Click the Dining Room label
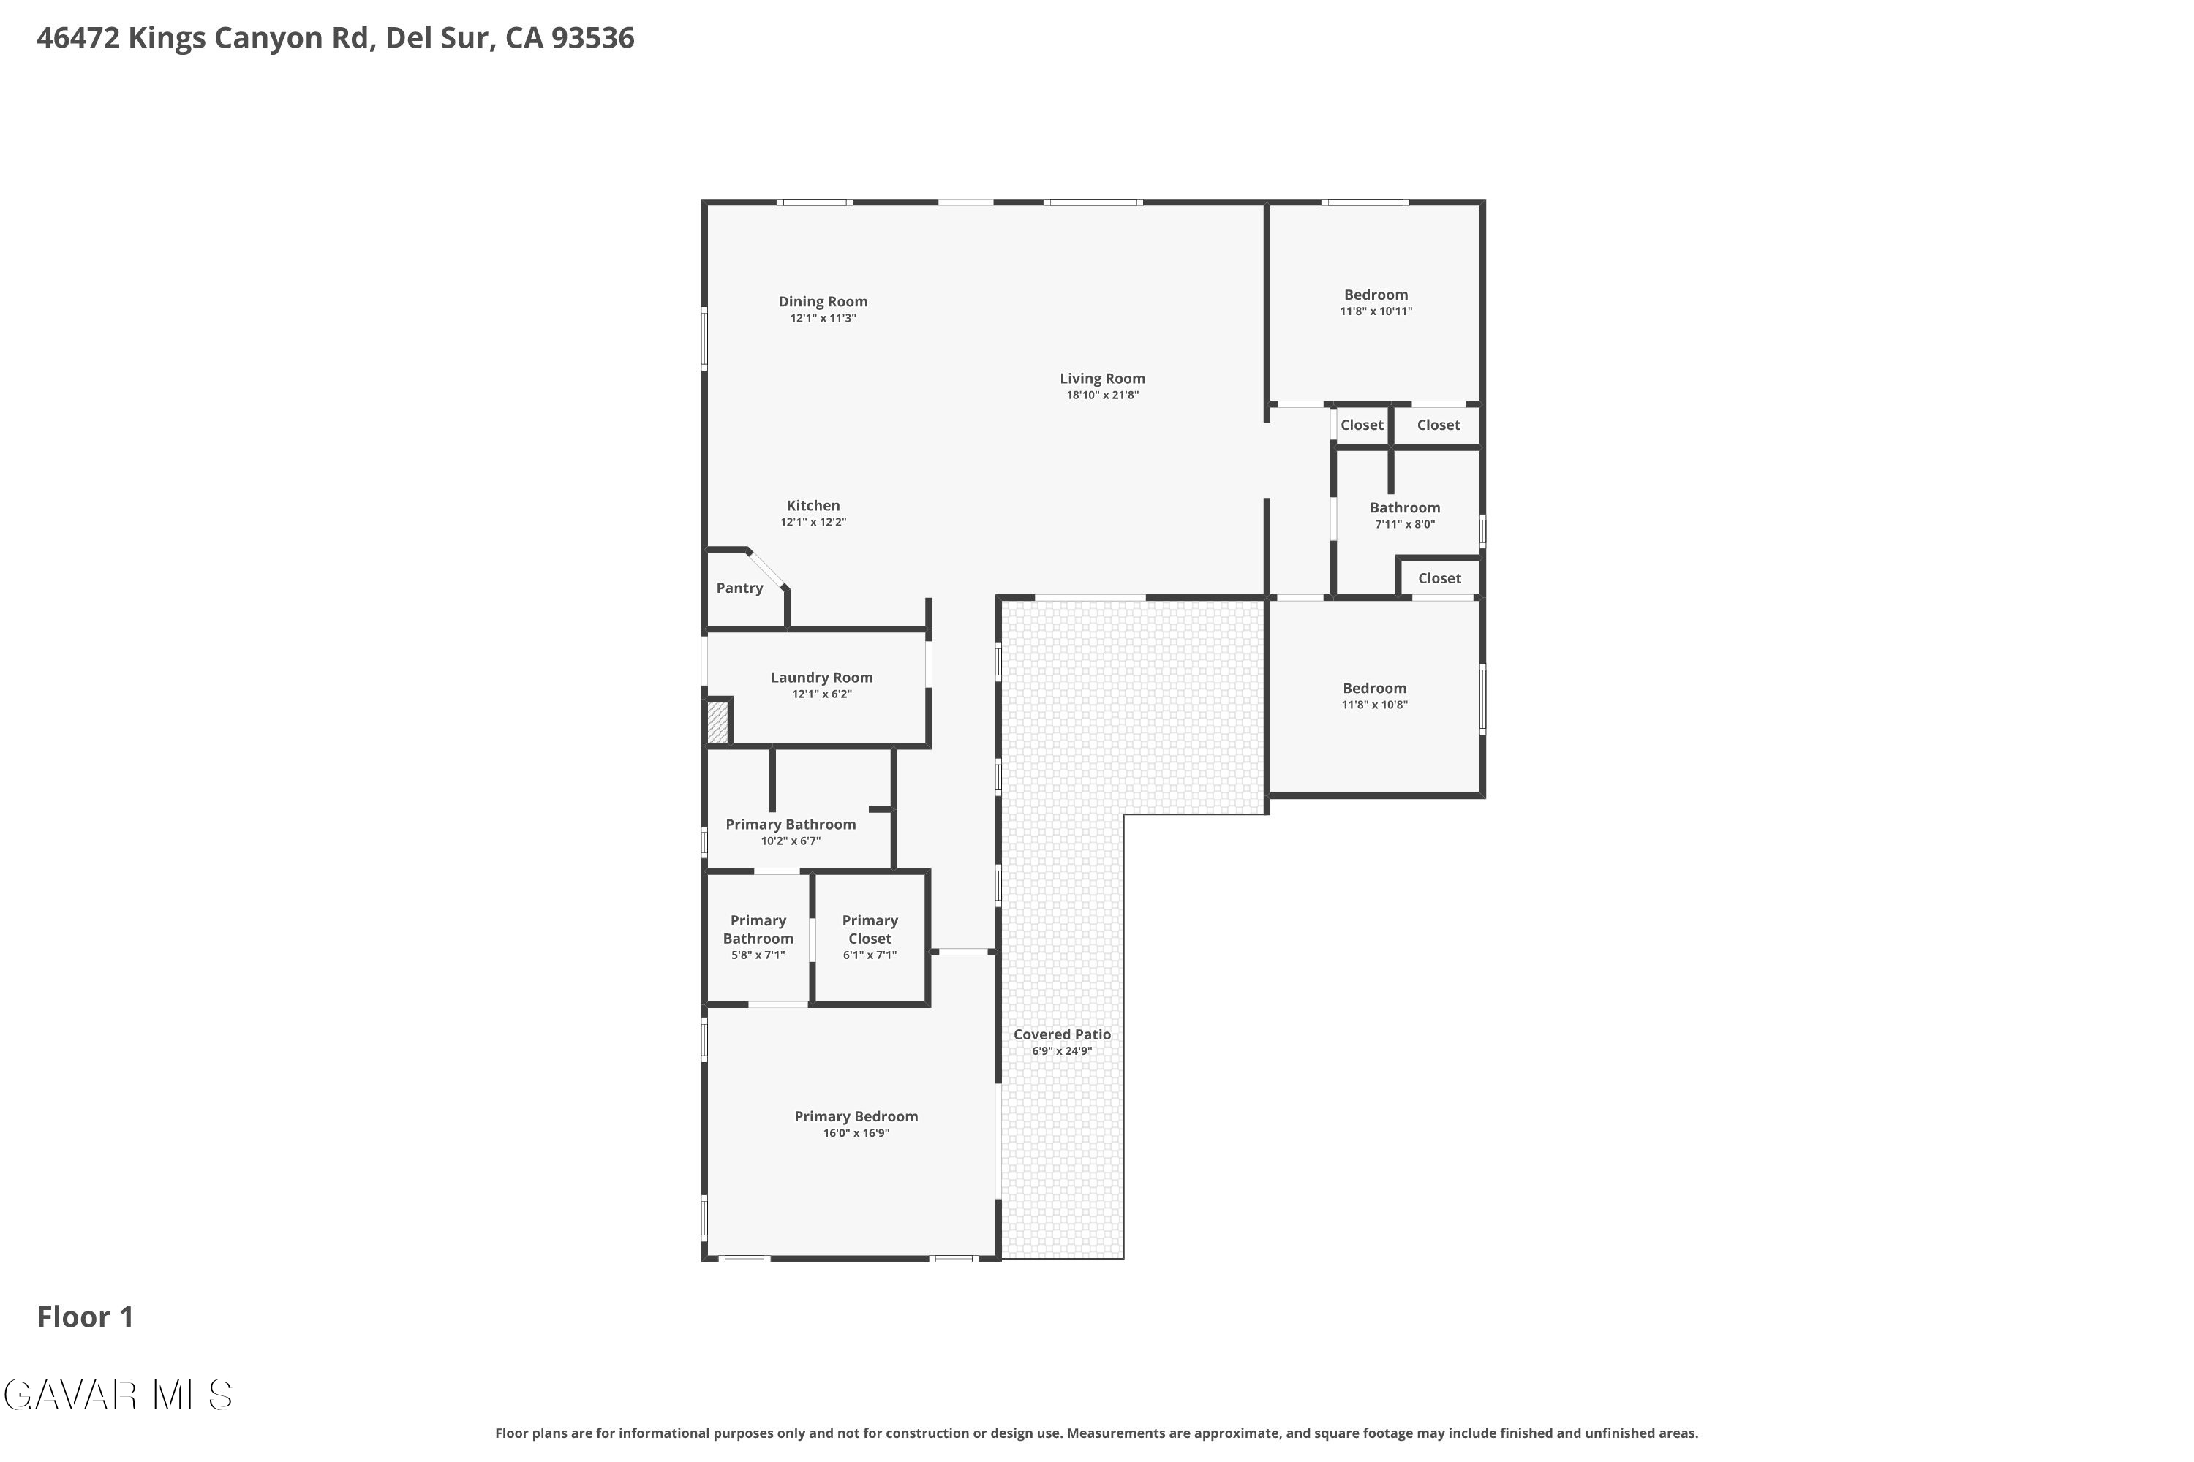tap(823, 301)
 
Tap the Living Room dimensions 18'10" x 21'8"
tap(1103, 395)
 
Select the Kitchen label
tap(813, 505)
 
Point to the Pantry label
tap(739, 588)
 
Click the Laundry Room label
tap(822, 678)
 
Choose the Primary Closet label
tap(870, 930)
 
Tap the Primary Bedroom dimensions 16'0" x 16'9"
tap(856, 1134)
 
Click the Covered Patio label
tap(1063, 1034)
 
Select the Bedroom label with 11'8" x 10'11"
tap(1376, 295)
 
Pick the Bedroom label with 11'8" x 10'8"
tap(1375, 688)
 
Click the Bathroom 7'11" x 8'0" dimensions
tap(1405, 525)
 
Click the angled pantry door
tap(768, 569)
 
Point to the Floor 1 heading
tap(86, 1317)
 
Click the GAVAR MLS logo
tap(118, 1395)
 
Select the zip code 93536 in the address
tap(592, 38)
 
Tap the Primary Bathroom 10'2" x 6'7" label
tap(791, 825)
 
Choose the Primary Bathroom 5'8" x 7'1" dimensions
tap(758, 955)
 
